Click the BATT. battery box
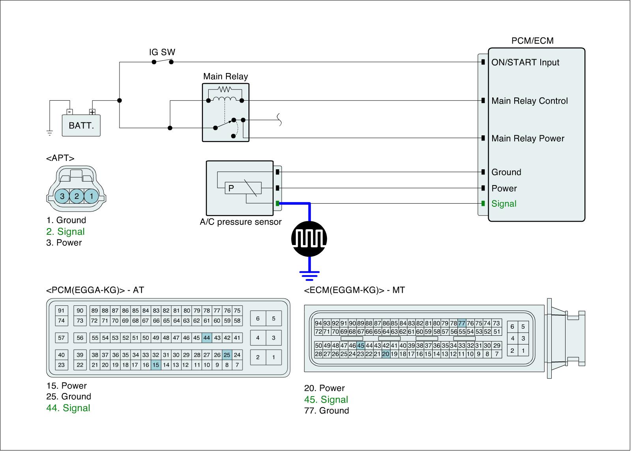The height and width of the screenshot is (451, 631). (x=81, y=125)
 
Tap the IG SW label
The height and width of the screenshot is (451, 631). (x=162, y=52)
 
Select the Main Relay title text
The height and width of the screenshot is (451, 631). (x=226, y=76)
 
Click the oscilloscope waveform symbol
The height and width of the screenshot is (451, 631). (x=309, y=238)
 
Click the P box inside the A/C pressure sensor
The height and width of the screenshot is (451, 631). (x=231, y=188)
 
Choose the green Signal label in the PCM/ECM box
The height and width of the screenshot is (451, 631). (x=504, y=204)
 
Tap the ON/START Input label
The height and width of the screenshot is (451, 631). (x=525, y=62)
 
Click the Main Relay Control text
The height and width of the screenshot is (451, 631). (x=529, y=101)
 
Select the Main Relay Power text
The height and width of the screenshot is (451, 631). (x=528, y=138)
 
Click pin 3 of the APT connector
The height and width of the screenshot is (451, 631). (x=62, y=196)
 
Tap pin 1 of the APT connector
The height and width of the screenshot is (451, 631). (x=91, y=196)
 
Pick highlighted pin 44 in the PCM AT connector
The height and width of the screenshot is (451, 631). (x=207, y=338)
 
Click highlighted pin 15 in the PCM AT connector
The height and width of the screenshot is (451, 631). (x=156, y=365)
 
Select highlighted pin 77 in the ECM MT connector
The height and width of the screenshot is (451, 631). (x=462, y=323)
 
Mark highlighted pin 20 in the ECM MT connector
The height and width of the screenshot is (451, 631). (x=386, y=354)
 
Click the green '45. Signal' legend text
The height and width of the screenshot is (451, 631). (x=326, y=399)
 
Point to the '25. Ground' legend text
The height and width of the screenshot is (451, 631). (x=69, y=397)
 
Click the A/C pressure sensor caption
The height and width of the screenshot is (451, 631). (x=241, y=222)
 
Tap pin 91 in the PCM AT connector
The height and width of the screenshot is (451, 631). (x=61, y=311)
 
